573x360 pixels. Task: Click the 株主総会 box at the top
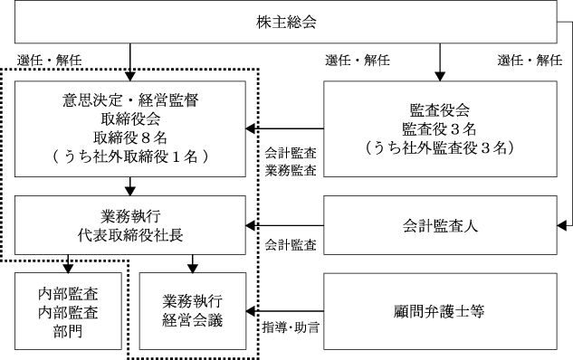286,22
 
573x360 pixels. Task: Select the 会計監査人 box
440,225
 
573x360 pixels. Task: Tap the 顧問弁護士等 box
440,311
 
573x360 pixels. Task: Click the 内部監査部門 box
68,311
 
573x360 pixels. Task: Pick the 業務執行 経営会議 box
193,311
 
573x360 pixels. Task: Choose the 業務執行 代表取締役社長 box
130,225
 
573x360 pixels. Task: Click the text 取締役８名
130,137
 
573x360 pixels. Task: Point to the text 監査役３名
439,128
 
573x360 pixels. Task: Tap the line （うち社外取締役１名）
130,156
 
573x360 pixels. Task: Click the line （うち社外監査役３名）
439,147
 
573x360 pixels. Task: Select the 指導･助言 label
291,327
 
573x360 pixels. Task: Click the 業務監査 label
291,170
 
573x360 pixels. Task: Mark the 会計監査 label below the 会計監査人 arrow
291,244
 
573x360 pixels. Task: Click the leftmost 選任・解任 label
49,60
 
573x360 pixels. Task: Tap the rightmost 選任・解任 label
530,60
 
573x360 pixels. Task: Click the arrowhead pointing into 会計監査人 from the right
561,225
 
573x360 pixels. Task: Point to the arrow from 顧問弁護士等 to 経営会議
285,311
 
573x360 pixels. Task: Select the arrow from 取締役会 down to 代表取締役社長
130,186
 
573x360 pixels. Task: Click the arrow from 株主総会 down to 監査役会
440,62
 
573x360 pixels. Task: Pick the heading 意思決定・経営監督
130,99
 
